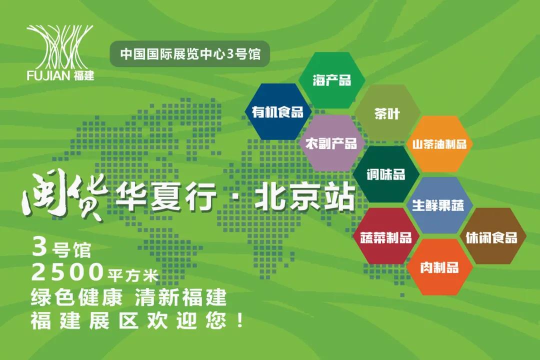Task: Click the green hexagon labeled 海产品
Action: pyautogui.click(x=332, y=80)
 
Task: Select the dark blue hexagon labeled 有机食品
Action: pyautogui.click(x=277, y=111)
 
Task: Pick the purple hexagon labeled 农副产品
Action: pyautogui.click(x=331, y=143)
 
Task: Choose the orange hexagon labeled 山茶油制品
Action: pyautogui.click(x=439, y=144)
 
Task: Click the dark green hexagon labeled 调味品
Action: pyautogui.click(x=386, y=174)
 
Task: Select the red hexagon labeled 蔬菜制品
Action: pyautogui.click(x=386, y=237)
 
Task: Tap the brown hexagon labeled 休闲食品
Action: pyautogui.click(x=492, y=237)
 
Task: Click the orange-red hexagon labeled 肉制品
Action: pyautogui.click(x=439, y=267)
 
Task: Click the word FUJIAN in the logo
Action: pyautogui.click(x=48, y=75)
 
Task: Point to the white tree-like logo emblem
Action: pyautogui.click(x=59, y=47)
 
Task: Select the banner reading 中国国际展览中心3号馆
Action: pyautogui.click(x=190, y=54)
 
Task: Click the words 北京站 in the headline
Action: pyautogui.click(x=304, y=197)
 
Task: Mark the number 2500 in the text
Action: pyautogui.click(x=67, y=272)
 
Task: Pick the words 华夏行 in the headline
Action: pyautogui.click(x=166, y=197)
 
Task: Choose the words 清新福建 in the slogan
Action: pyautogui.click(x=180, y=297)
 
